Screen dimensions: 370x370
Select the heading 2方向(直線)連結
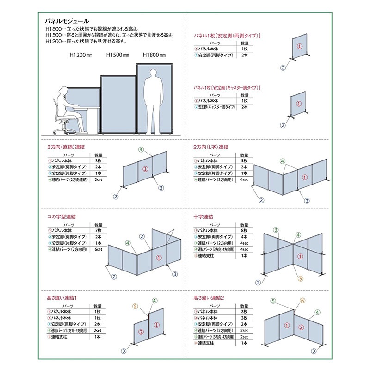point(66,147)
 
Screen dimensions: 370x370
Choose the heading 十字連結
point(203,216)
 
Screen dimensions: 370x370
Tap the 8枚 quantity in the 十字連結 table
point(244,230)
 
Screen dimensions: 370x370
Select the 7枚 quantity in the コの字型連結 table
point(98,230)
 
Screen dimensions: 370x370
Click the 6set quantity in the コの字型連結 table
point(98,249)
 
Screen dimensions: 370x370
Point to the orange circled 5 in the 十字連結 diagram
point(300,278)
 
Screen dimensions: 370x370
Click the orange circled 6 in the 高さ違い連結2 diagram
point(302,301)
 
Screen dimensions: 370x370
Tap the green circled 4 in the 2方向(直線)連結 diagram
point(142,149)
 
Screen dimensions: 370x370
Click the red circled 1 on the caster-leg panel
point(299,105)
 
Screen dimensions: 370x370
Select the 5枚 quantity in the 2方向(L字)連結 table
point(244,160)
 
